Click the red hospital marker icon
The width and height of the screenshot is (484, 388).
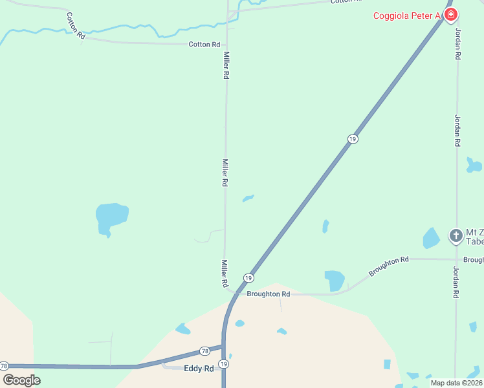[450, 14]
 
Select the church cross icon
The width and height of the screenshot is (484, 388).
[456, 235]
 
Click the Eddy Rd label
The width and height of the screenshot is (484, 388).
[199, 369]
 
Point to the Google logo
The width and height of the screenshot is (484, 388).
[21, 380]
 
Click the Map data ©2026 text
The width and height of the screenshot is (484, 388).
[456, 383]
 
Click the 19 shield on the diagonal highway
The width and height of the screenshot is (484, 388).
[352, 139]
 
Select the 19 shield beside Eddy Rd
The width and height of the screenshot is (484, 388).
[223, 365]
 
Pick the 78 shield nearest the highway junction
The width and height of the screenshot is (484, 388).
[204, 350]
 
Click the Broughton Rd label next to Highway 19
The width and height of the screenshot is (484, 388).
[268, 294]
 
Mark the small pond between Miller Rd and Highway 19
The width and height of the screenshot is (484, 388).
[248, 198]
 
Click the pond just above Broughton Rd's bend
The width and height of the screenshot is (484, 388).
[335, 280]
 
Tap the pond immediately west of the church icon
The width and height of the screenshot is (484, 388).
[431, 238]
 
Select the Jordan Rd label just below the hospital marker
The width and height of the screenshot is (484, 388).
[457, 44]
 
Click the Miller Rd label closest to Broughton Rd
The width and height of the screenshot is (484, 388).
[225, 274]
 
